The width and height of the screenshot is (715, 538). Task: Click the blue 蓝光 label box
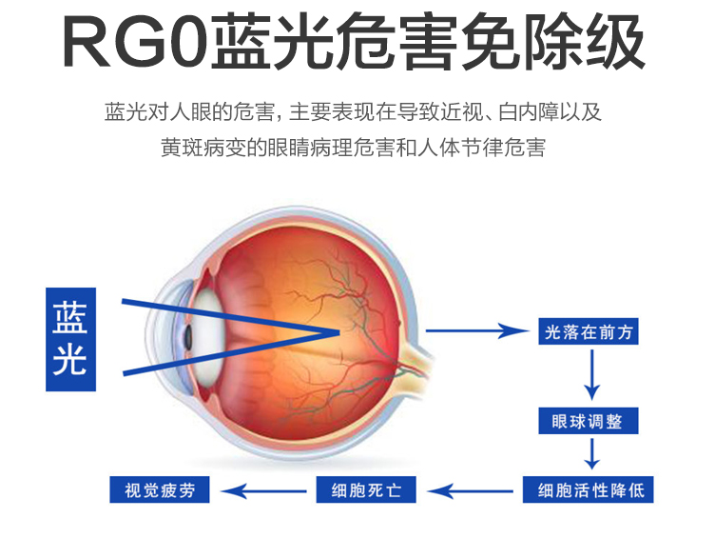click(70, 339)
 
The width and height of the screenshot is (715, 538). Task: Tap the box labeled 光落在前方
click(589, 331)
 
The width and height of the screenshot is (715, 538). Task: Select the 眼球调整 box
click(589, 421)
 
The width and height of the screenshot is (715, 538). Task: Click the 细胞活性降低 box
click(589, 490)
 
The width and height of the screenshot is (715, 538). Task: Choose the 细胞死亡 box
click(366, 490)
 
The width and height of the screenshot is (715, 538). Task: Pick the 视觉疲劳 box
click(160, 490)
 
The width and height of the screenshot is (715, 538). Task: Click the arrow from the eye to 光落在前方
click(477, 330)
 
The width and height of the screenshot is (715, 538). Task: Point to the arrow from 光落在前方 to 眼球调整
click(592, 374)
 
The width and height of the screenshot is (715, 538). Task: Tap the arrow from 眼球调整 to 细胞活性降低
click(592, 453)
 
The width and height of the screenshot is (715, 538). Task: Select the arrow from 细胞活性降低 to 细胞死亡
click(470, 491)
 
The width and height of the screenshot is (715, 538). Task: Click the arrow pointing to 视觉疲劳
click(263, 491)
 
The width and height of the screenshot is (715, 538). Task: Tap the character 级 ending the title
click(614, 43)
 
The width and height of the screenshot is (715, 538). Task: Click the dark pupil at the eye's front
click(187, 337)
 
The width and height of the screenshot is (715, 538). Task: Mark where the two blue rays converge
click(339, 332)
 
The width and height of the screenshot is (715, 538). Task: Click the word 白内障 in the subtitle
click(528, 112)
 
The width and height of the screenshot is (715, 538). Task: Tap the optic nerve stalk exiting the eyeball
click(417, 361)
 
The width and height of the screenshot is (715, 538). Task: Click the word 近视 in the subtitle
click(460, 112)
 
